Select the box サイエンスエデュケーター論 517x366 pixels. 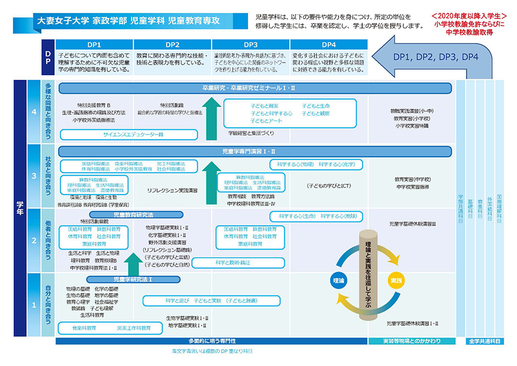tap(129, 134)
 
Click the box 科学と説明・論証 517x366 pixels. tap(232, 262)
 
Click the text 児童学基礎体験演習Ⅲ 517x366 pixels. tap(412, 224)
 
